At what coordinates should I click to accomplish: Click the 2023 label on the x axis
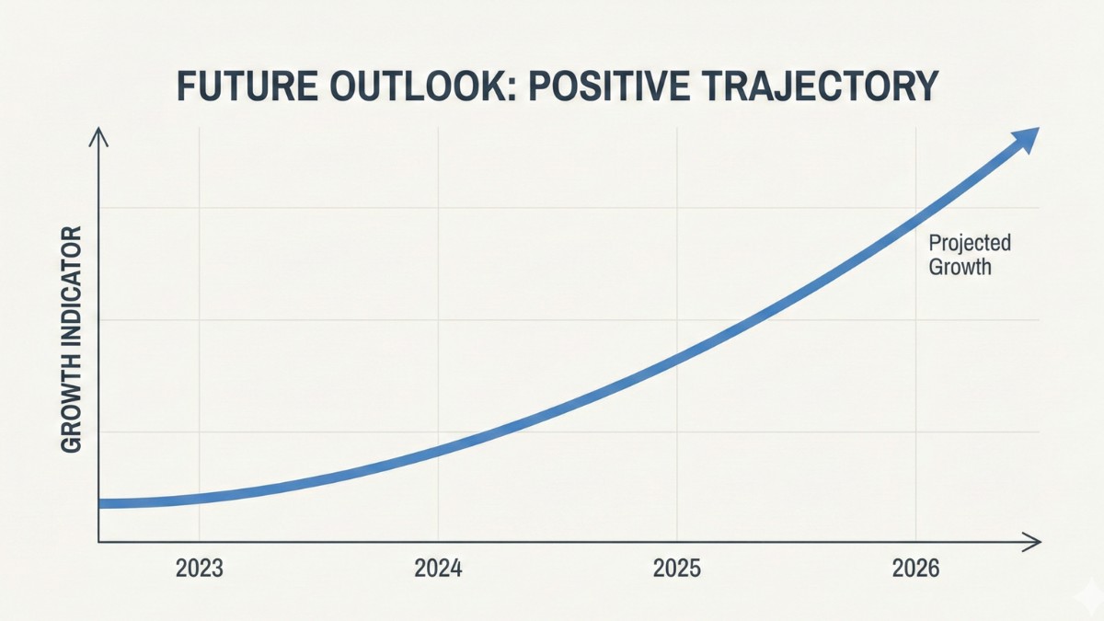[x=199, y=569]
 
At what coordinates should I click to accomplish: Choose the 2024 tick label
[x=438, y=569]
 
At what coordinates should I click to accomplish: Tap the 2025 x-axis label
[x=677, y=569]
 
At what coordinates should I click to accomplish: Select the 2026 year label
[x=916, y=569]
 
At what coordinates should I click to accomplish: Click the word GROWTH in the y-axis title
[x=72, y=406]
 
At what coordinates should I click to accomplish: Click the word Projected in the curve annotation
[x=970, y=243]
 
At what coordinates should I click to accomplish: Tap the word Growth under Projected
[x=960, y=268]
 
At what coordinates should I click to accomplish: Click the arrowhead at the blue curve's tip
[x=1024, y=141]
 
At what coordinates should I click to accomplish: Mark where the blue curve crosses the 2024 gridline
[x=438, y=448]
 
